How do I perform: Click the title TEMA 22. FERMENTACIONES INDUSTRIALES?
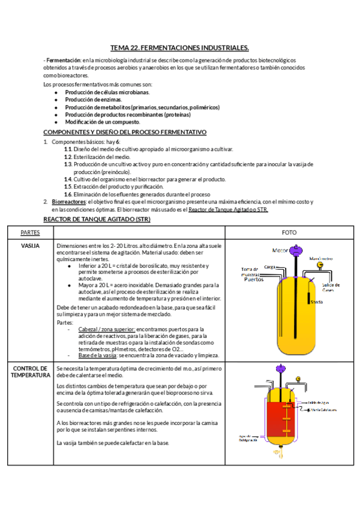(179, 47)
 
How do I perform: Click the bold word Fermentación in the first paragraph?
(64, 61)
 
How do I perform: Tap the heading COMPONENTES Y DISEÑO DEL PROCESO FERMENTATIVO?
(125, 131)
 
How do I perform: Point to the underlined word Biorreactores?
(67, 202)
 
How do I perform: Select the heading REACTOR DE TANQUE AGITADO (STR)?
(97, 220)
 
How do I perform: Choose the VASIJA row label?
(30, 246)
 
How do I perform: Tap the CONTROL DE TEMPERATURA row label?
(30, 372)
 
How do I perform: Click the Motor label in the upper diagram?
(280, 250)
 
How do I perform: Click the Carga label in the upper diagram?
(269, 267)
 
